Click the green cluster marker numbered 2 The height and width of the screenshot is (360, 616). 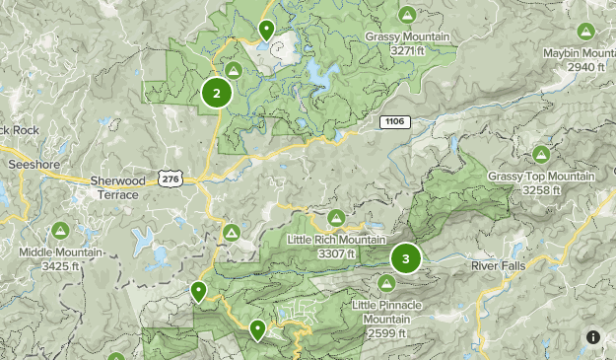217,94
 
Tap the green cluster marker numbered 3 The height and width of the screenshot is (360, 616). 405,259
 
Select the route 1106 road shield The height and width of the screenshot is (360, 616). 393,120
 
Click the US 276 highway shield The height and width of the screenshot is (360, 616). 170,179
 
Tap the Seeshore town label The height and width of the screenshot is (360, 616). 34,165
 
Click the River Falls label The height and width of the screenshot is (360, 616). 500,266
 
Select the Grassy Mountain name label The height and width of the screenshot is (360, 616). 406,36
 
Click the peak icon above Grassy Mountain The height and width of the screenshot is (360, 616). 406,14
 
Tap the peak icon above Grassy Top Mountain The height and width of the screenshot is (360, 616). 540,154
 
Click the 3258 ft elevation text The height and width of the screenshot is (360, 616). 541,189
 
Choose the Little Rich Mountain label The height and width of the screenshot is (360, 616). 335,240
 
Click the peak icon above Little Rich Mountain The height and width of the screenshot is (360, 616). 336,218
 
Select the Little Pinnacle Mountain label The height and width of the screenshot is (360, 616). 386,312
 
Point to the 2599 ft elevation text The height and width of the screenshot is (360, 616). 386,333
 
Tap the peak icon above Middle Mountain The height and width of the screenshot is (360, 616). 60,230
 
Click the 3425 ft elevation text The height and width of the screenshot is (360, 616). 60,265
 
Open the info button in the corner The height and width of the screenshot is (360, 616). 593,337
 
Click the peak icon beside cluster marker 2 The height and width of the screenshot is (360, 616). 234,71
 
